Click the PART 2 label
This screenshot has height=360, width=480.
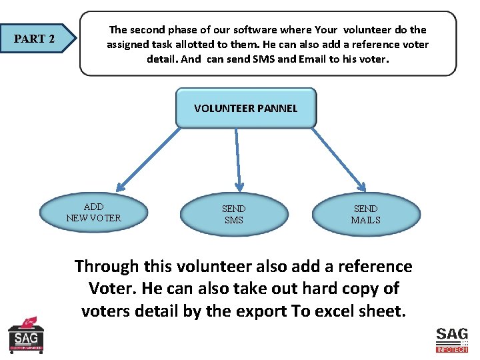pyautogui.click(x=35, y=39)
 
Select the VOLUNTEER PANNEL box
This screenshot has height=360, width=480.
pyautogui.click(x=246, y=108)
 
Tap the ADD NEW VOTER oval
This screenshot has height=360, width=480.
pyautogui.click(x=94, y=213)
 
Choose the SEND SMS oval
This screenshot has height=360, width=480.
pyautogui.click(x=234, y=214)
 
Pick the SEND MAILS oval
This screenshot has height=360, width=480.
pyautogui.click(x=366, y=214)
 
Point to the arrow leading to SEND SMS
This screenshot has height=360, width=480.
pyautogui.click(x=237, y=159)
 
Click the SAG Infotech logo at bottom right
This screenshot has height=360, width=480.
pyautogui.click(x=451, y=339)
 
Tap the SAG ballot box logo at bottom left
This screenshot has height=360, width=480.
pyautogui.click(x=26, y=335)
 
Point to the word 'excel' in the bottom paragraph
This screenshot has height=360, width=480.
pyautogui.click(x=331, y=311)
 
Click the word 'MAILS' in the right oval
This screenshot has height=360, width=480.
pyautogui.click(x=366, y=220)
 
